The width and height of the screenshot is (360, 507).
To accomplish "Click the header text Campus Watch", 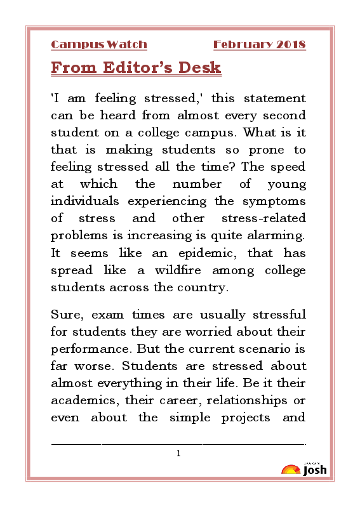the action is pyautogui.click(x=99, y=44).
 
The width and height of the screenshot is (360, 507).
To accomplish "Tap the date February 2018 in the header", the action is pyautogui.click(x=259, y=44).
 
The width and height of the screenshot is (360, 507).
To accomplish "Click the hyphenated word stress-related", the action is pyautogui.click(x=262, y=218).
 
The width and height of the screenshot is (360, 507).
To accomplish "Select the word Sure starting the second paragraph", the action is pyautogui.click(x=65, y=315).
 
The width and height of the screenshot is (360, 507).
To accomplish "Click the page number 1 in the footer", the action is pyautogui.click(x=179, y=453).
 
